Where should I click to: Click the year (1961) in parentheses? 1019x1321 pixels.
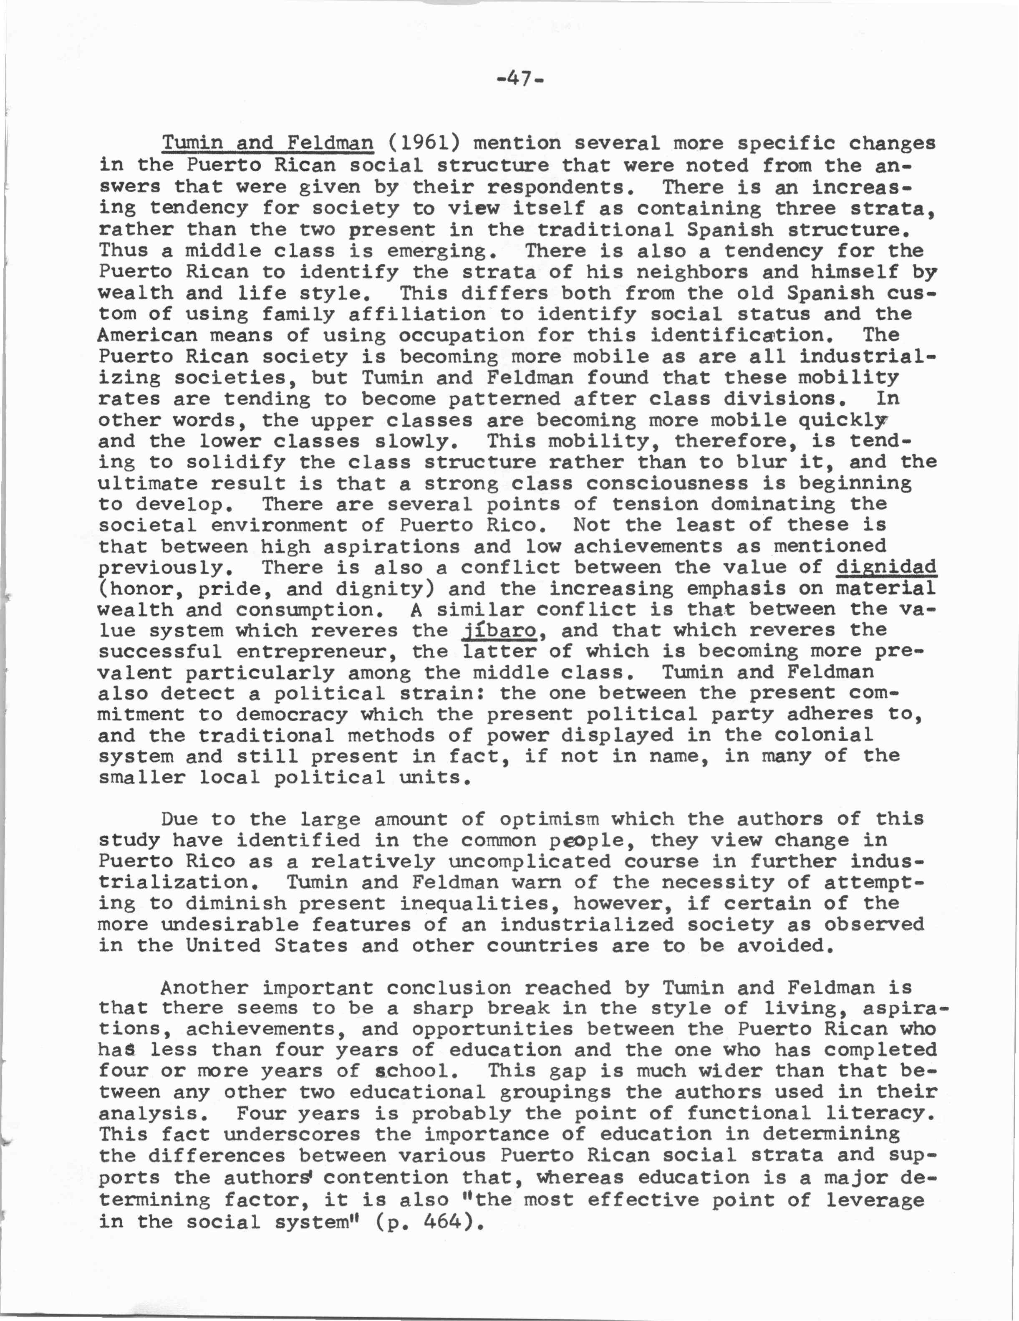423,143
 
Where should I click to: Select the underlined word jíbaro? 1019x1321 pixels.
499,630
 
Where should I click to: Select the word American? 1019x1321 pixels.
148,335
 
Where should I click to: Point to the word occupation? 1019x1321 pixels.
461,335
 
